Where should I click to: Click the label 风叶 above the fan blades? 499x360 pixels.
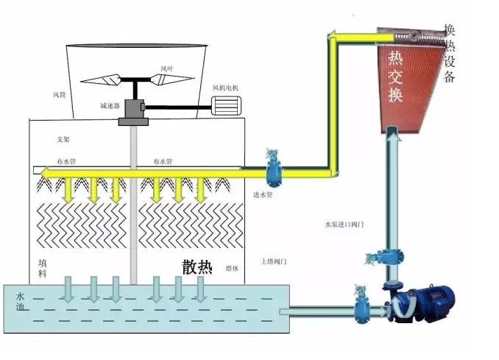click(166, 68)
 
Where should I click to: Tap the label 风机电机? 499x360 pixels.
click(225, 88)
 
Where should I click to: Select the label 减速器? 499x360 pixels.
click(110, 105)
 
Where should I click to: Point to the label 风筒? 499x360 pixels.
click(60, 94)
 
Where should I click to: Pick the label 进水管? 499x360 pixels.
click(263, 195)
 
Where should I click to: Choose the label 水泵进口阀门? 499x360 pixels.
click(344, 224)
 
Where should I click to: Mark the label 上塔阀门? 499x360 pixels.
click(273, 261)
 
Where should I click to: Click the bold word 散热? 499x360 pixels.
click(197, 267)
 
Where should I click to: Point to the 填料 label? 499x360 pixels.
click(43, 267)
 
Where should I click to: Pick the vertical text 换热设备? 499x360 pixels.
click(450, 55)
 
